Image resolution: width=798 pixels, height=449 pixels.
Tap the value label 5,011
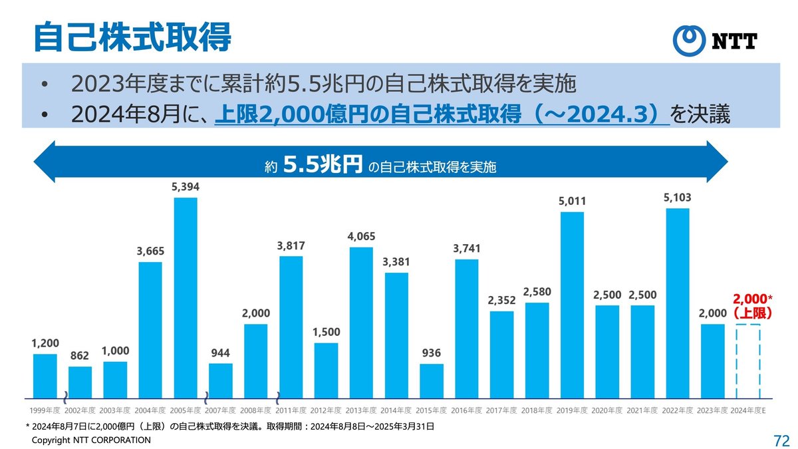pyautogui.click(x=573, y=201)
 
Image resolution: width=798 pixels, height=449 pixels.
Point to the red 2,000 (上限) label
pyautogui.click(x=751, y=306)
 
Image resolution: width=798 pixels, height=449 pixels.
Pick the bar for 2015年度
pyautogui.click(x=432, y=380)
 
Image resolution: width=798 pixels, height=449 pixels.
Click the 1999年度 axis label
pyautogui.click(x=45, y=410)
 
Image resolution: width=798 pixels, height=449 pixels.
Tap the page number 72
pyautogui.click(x=781, y=440)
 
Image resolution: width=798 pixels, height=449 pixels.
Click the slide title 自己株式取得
pyautogui.click(x=132, y=37)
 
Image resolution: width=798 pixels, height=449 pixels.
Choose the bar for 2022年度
pyautogui.click(x=678, y=303)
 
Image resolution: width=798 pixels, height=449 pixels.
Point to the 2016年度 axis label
pyautogui.click(x=467, y=410)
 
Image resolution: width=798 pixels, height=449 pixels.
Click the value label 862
pyautogui.click(x=80, y=356)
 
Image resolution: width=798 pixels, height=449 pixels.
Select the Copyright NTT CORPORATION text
pyautogui.click(x=92, y=440)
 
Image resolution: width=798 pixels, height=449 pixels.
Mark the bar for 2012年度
pyautogui.click(x=326, y=370)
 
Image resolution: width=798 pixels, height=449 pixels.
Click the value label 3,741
pyautogui.click(x=467, y=248)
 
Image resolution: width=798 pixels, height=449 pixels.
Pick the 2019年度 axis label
pyautogui.click(x=573, y=410)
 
